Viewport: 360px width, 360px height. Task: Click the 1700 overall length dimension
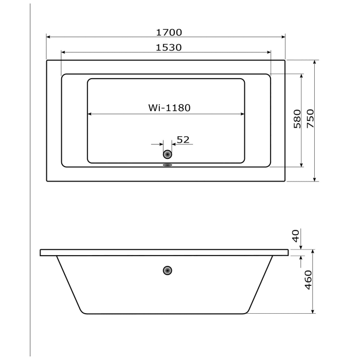169,32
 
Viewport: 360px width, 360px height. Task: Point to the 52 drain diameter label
183,139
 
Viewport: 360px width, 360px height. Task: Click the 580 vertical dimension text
297,119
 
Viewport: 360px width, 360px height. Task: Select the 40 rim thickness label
295,236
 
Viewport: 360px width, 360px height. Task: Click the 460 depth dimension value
308,280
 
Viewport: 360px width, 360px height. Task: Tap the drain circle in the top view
167,154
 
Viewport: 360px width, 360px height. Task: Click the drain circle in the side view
167,271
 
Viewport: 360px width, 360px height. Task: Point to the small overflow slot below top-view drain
167,166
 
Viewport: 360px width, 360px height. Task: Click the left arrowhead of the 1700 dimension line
49,37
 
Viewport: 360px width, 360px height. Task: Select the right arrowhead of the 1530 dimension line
268,52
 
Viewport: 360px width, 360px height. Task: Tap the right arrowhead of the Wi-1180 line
242,114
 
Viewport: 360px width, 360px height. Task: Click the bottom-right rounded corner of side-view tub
250,311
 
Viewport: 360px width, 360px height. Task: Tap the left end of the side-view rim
41,253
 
